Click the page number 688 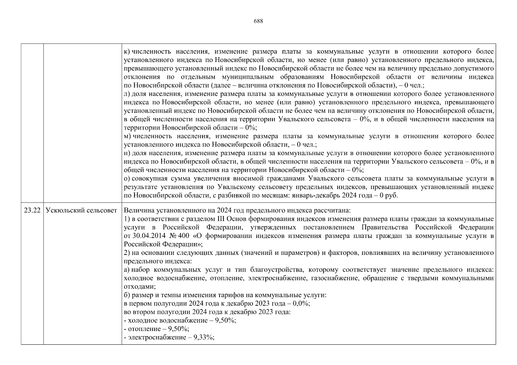pyautogui.click(x=258, y=21)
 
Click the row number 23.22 pyautogui.click(x=32, y=210)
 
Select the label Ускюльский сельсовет pyautogui.click(x=81, y=210)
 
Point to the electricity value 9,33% pyautogui.click(x=203, y=337)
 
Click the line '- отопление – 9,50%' pyautogui.click(x=157, y=329)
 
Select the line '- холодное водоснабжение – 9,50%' pyautogui.click(x=180, y=320)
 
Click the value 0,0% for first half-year pyautogui.click(x=301, y=304)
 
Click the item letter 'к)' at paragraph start pyautogui.click(x=127, y=51)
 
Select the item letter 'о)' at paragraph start pyautogui.click(x=127, y=178)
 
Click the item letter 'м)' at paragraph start pyautogui.click(x=127, y=136)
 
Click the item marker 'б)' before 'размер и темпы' pyautogui.click(x=127, y=295)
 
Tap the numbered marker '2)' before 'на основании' pyautogui.click(x=127, y=253)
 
